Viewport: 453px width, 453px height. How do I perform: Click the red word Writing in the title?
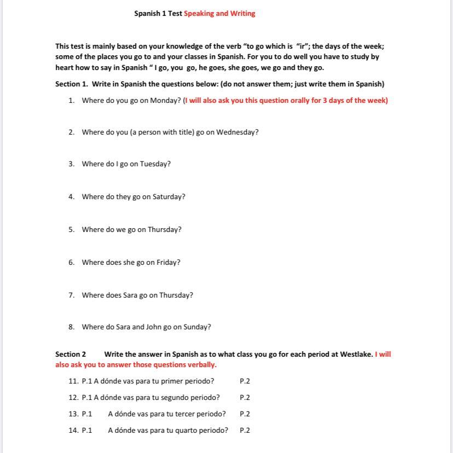[x=242, y=14]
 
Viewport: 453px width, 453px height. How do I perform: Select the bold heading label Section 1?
[x=71, y=84]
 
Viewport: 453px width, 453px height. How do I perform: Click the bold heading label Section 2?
[x=71, y=355]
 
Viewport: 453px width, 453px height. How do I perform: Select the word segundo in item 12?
[x=171, y=398]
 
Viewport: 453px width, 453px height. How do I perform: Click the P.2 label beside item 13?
[x=245, y=414]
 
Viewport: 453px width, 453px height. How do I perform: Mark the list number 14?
[x=73, y=431]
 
